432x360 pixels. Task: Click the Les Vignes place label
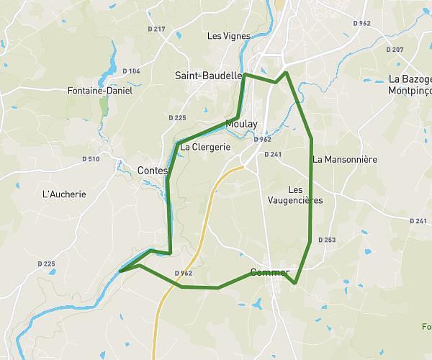[x=229, y=36]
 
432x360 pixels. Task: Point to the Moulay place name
[x=241, y=124]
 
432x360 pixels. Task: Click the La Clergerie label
[x=205, y=147]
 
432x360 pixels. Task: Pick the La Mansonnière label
[x=346, y=159]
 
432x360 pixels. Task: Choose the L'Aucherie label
[x=65, y=194]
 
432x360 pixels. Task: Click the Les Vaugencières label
[x=294, y=195]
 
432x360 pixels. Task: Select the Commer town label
[x=269, y=273]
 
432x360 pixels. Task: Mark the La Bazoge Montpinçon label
[x=409, y=84]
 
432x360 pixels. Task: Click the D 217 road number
[x=156, y=29]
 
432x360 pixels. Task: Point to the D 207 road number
[x=395, y=50]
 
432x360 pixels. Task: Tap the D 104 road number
[x=131, y=71]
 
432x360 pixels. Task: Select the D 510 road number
[x=91, y=158]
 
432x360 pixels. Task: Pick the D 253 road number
[x=326, y=240]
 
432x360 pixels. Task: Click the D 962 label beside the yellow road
[x=184, y=274]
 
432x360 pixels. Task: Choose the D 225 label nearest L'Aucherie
[x=46, y=264]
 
